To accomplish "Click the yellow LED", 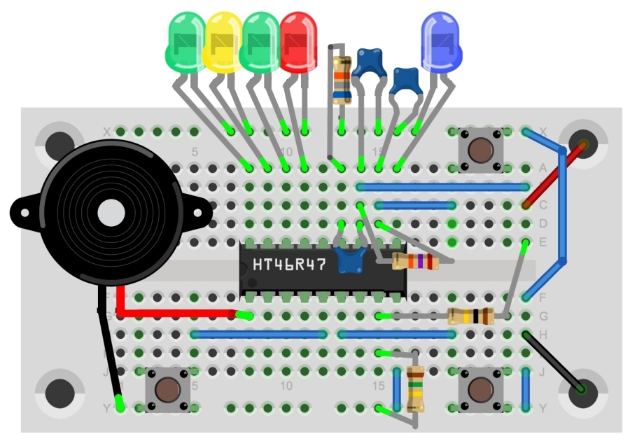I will [x=223, y=43].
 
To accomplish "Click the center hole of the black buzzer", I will [x=111, y=212].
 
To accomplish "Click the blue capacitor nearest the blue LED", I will [x=405, y=80].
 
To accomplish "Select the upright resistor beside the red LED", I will [x=342, y=77].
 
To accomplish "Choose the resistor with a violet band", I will [x=415, y=262].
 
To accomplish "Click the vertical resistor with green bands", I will [x=415, y=389].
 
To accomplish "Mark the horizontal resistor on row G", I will [x=470, y=316].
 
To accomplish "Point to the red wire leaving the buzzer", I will [x=175, y=312].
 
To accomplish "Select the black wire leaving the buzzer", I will [x=108, y=350].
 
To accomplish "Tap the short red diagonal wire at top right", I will [x=553, y=175].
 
